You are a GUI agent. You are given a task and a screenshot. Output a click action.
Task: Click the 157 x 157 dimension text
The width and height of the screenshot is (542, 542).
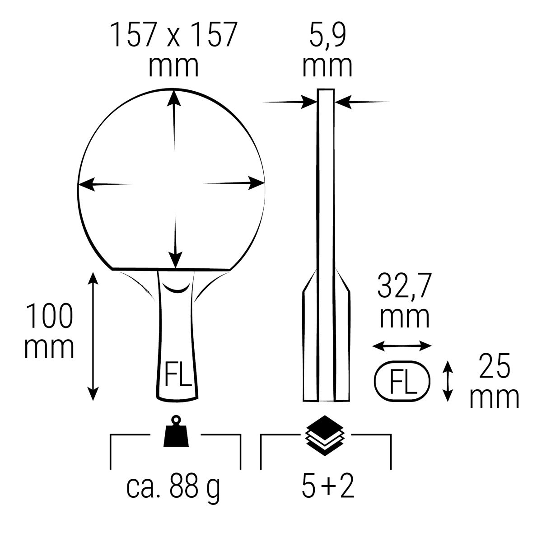[173, 34]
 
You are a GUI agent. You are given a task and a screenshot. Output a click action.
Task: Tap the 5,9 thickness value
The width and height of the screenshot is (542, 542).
[327, 34]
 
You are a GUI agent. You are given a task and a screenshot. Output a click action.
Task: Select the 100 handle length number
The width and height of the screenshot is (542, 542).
[49, 316]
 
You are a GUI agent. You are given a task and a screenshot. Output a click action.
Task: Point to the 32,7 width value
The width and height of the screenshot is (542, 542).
[404, 286]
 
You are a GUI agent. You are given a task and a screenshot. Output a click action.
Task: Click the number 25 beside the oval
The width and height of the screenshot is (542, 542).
[494, 366]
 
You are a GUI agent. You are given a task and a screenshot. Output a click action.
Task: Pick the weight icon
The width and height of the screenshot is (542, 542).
[176, 431]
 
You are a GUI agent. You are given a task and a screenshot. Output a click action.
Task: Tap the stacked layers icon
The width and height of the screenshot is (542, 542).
[325, 435]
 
